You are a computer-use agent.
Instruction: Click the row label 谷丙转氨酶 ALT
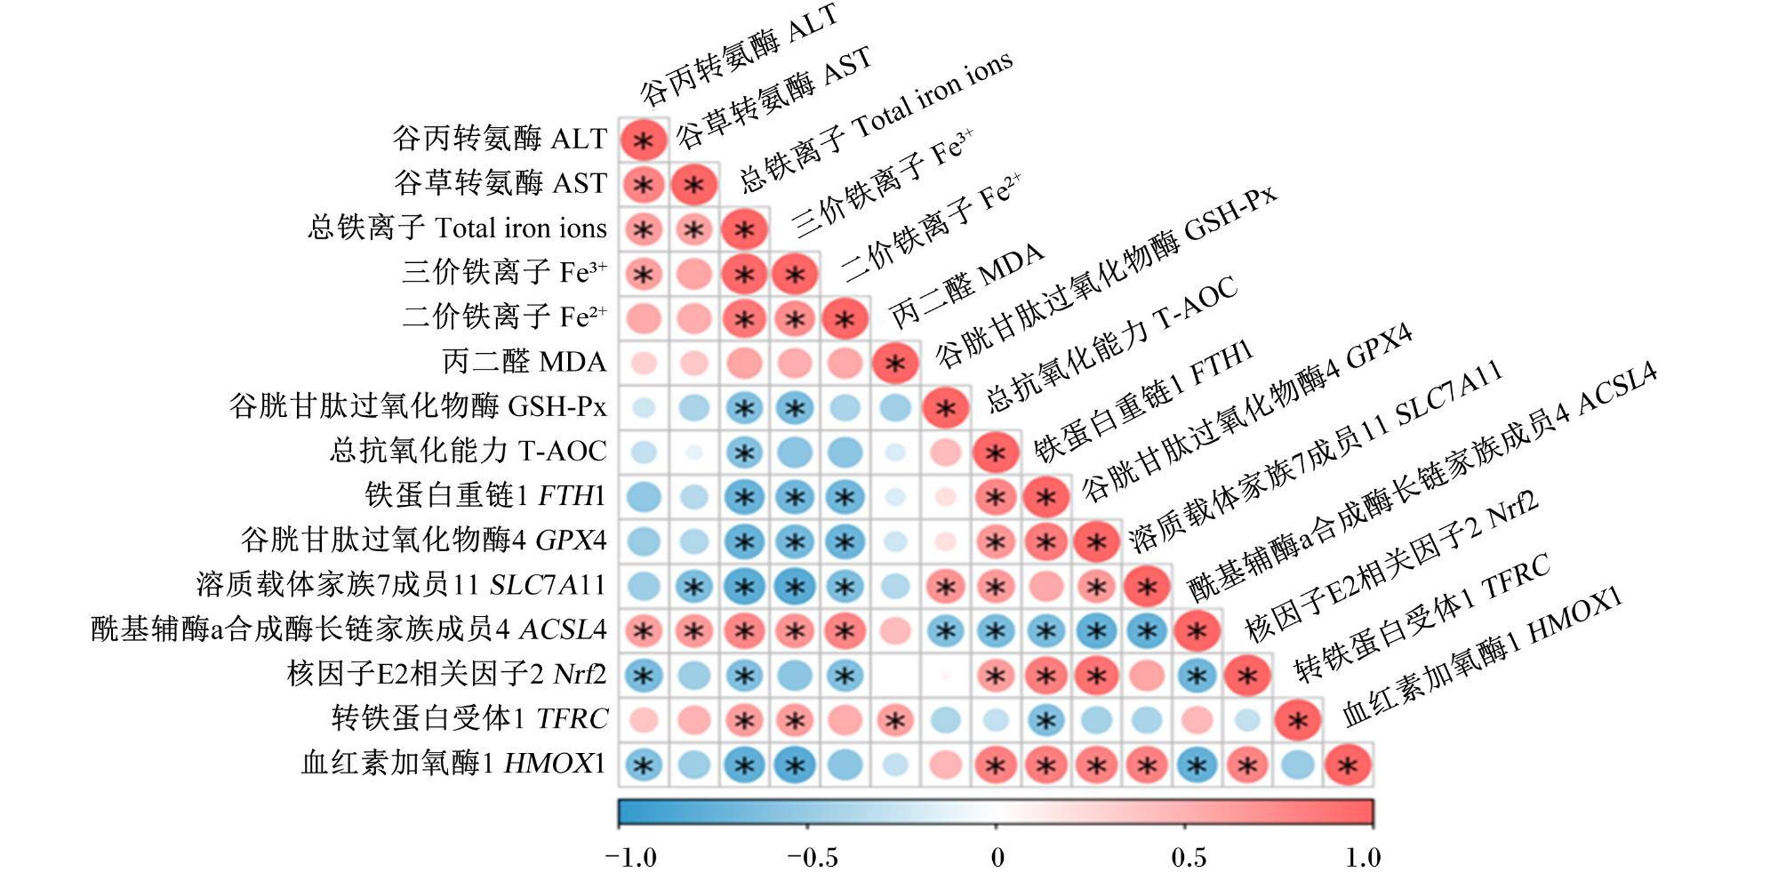(501, 139)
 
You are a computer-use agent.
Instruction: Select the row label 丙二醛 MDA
(525, 362)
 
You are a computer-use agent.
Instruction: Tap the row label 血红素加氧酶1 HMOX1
(454, 763)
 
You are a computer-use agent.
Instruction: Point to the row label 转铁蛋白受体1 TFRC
(469, 718)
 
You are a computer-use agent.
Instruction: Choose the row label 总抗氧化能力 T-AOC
(469, 451)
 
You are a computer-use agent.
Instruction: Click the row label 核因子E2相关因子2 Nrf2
(447, 674)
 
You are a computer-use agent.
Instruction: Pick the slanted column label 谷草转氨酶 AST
(773, 97)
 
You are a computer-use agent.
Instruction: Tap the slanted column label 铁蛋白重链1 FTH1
(1143, 400)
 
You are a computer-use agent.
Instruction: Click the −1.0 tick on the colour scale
(631, 857)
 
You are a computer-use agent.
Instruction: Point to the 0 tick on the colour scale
(997, 857)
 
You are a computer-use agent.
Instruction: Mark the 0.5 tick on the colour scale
(1189, 857)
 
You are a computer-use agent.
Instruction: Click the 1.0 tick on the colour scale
(1363, 857)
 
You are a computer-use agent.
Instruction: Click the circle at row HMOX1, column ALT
(643, 765)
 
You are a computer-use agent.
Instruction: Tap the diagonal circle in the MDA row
(895, 363)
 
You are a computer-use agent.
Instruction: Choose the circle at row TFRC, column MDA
(895, 720)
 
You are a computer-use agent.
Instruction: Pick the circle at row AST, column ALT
(643, 185)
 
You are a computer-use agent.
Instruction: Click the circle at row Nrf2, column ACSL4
(1197, 676)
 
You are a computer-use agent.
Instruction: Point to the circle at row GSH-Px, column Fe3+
(794, 407)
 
